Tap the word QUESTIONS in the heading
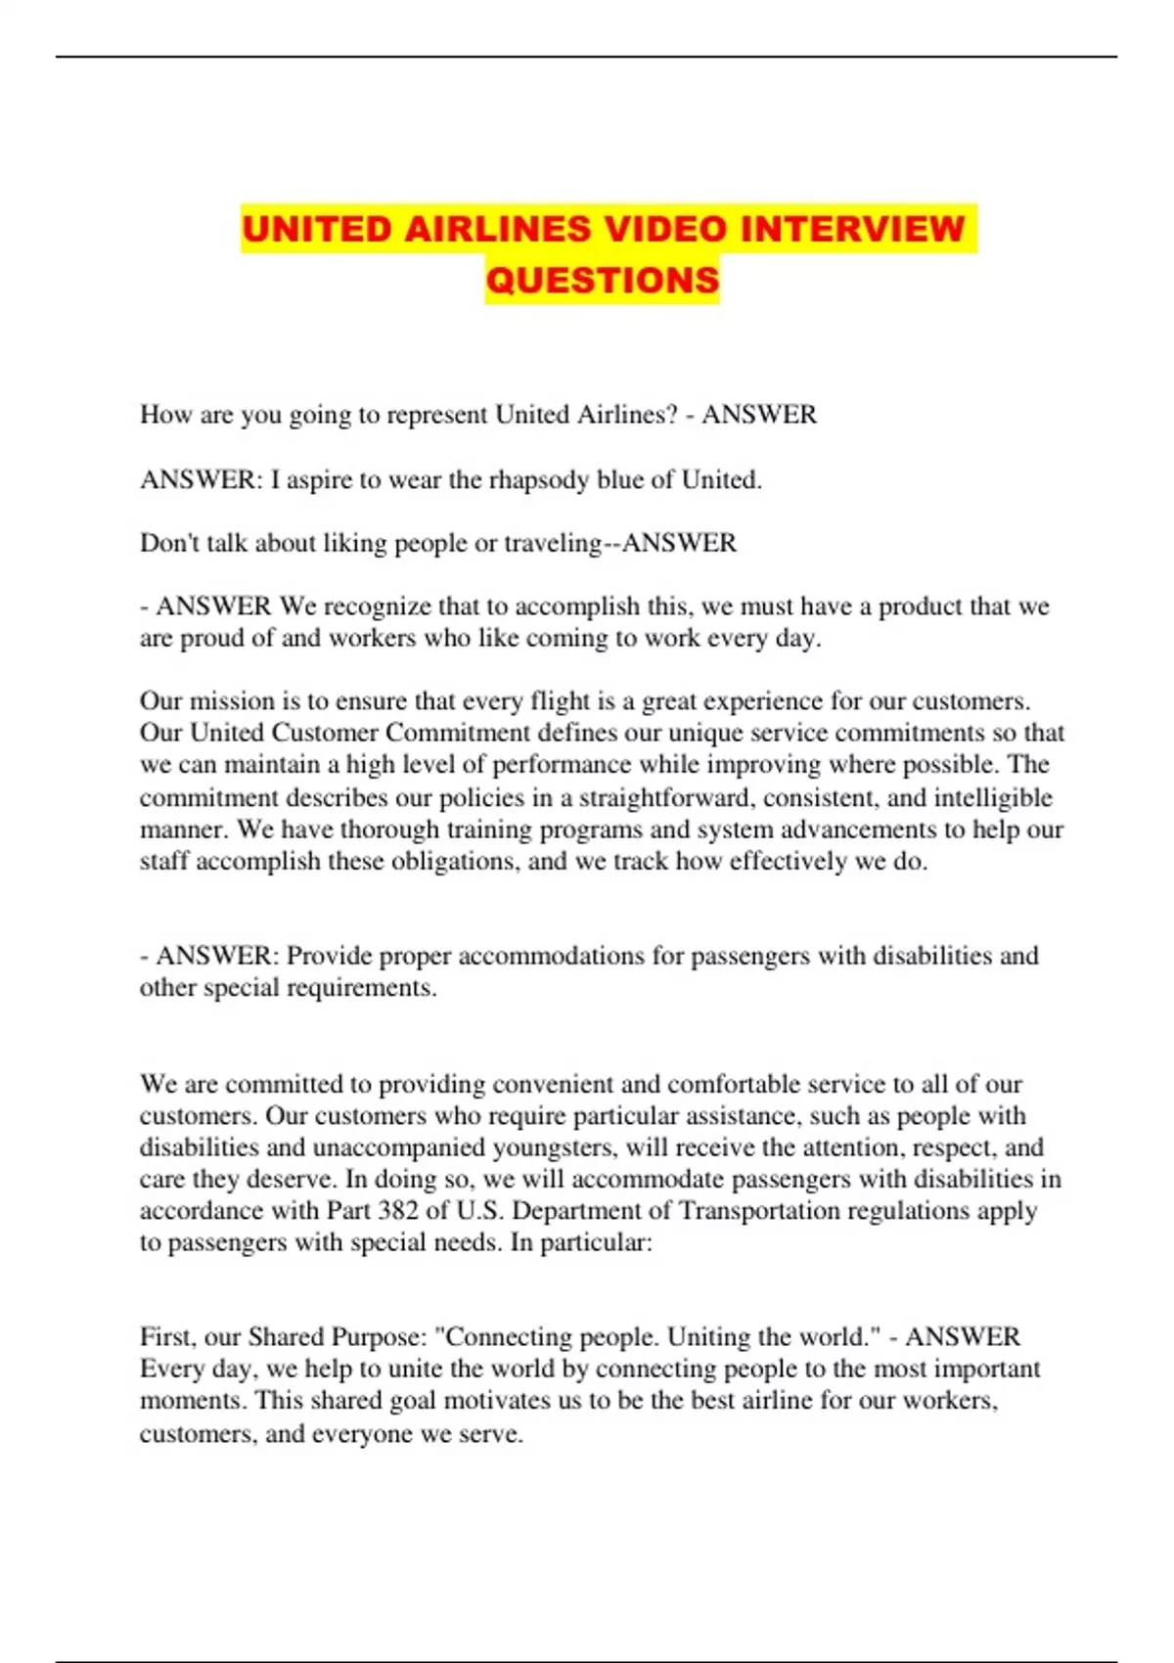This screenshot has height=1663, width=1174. point(603,280)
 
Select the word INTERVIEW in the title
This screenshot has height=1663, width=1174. point(853,229)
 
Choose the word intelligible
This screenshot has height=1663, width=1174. point(993,797)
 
